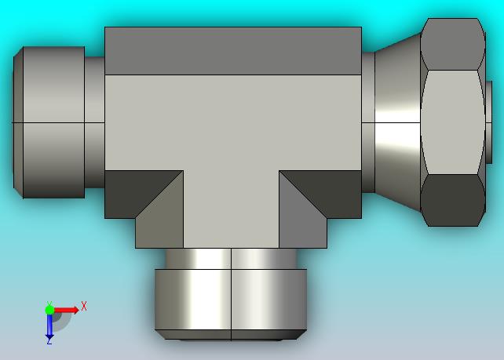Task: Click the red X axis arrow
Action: [x=66, y=311]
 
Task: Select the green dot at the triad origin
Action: [x=49, y=310]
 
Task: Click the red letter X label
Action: [x=84, y=306]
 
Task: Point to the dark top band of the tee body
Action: [x=233, y=51]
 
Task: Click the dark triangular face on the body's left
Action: [x=135, y=190]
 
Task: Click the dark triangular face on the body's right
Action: [x=328, y=190]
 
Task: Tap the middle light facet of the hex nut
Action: [x=452, y=122]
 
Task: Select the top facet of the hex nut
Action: [x=452, y=45]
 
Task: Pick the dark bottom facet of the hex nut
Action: [x=452, y=201]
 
